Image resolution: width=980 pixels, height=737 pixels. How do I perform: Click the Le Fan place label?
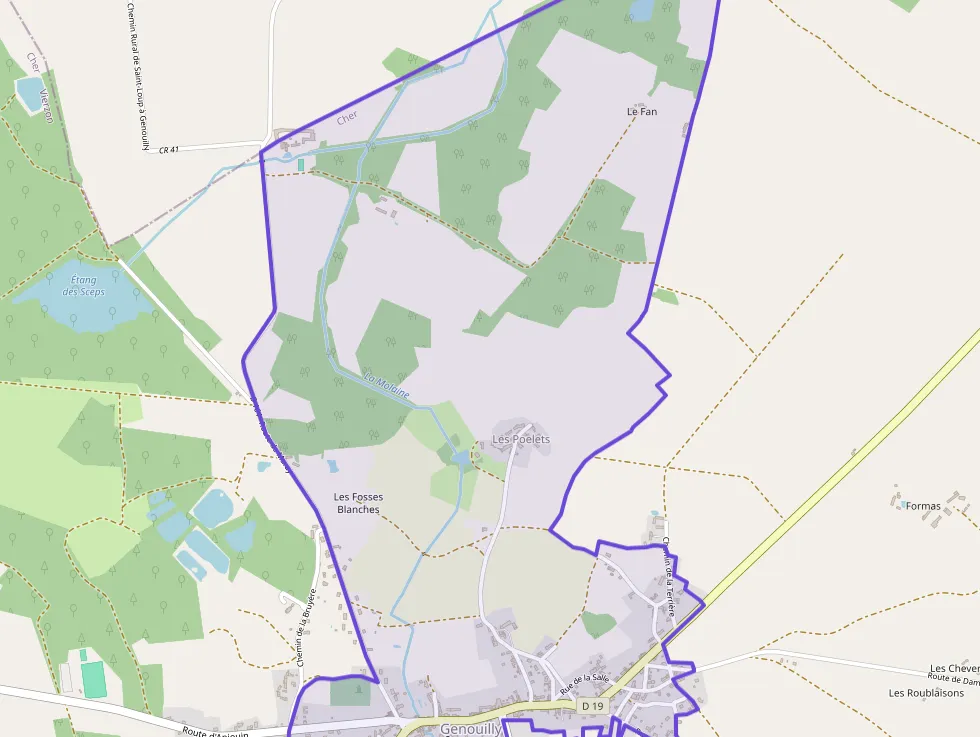click(642, 112)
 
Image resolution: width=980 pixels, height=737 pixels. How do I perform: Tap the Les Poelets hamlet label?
click(521, 439)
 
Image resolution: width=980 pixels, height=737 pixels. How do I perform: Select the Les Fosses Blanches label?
click(358, 503)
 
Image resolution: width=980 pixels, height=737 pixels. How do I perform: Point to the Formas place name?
click(923, 506)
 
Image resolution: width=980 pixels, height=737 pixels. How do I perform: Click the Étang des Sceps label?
click(84, 285)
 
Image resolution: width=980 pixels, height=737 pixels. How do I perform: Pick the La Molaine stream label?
click(387, 385)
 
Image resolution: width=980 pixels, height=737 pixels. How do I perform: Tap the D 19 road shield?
click(593, 706)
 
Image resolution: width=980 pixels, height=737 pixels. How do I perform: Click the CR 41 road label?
click(168, 150)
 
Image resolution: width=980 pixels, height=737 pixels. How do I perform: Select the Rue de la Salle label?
click(585, 684)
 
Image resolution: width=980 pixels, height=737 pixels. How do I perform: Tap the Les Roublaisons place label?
click(926, 692)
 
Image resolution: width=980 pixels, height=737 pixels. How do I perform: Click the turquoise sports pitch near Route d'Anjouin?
click(92, 679)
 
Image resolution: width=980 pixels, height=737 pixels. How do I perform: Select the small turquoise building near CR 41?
click(300, 164)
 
